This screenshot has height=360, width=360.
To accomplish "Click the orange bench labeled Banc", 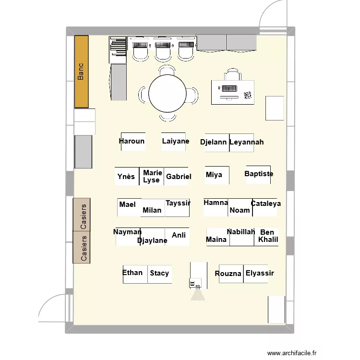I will [x=82, y=72].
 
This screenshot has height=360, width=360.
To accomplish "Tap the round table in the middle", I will [x=167, y=94].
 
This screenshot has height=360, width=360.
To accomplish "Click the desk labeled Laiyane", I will [x=173, y=142].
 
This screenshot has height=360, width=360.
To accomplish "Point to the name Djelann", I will [x=213, y=142].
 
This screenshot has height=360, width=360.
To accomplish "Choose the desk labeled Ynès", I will [x=127, y=176].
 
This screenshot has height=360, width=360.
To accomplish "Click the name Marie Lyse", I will [x=152, y=176].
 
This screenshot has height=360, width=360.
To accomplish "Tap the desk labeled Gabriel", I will [x=178, y=176].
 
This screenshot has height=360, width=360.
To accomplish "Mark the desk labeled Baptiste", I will [x=258, y=174].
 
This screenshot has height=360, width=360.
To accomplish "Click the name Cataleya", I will [x=265, y=204].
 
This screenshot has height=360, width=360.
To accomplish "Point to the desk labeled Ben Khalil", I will [x=266, y=237].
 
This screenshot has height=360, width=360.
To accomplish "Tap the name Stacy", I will [x=159, y=273].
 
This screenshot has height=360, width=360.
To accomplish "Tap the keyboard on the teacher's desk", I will [x=228, y=89].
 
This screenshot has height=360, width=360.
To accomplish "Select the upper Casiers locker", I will [x=82, y=215].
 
